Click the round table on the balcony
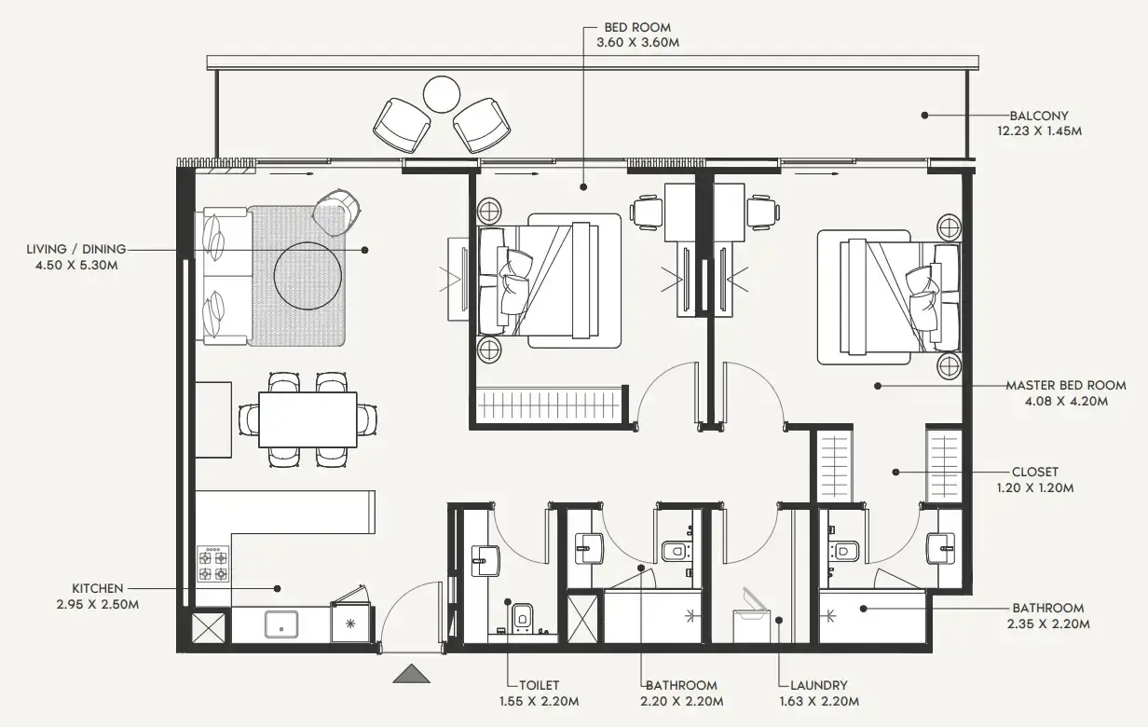coord(442,94)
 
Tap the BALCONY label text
coord(1039,116)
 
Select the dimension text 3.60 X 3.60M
coord(637,43)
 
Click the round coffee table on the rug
coord(307,276)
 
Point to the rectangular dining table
coord(307,420)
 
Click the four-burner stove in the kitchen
coord(212,564)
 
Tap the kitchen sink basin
coord(280,624)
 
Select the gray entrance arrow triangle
coord(411,674)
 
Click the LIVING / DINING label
coord(76,249)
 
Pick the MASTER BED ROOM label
coord(1066,386)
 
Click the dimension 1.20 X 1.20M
coord(1035,487)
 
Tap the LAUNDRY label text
coord(818,685)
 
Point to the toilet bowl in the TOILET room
coord(522,616)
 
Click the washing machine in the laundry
coord(751,622)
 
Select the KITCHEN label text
coord(97,588)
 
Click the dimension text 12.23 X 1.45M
coord(1039,131)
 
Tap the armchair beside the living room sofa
coord(336,213)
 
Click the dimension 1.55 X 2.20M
coord(540,701)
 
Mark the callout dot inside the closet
coord(895,473)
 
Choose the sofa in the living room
coord(225,276)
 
